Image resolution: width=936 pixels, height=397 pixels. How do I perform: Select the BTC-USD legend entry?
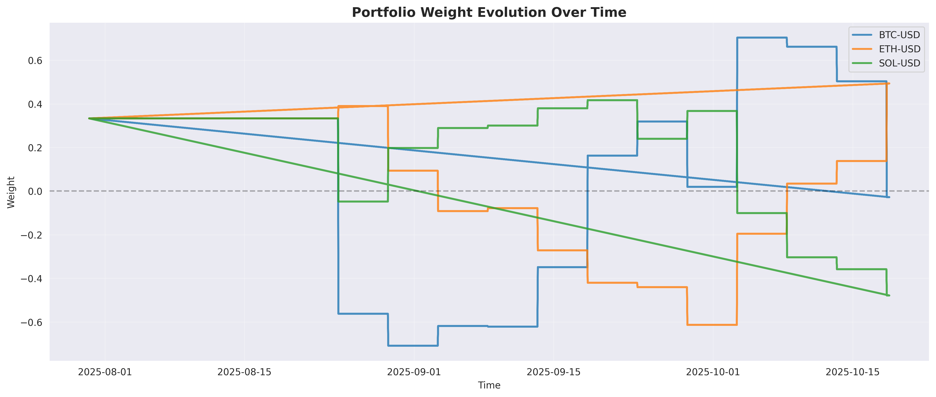click(x=899, y=35)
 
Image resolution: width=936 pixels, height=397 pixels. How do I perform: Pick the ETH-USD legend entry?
click(x=899, y=49)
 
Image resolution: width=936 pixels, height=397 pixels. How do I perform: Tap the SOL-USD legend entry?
click(x=899, y=63)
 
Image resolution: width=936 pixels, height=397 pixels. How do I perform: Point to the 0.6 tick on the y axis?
click(x=35, y=61)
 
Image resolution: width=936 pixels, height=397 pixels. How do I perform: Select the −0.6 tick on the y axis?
click(x=32, y=322)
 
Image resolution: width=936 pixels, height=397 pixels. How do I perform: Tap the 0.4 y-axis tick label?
click(x=35, y=104)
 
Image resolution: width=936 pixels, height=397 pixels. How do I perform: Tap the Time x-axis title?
click(x=489, y=385)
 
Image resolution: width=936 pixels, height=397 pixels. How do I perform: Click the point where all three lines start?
click(x=89, y=118)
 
